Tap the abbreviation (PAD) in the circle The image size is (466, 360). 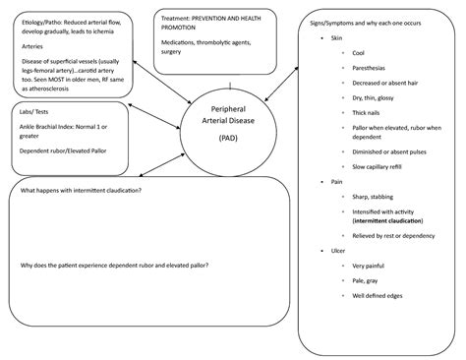point(229,139)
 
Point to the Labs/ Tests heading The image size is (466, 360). point(35,113)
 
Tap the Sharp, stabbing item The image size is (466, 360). point(374,198)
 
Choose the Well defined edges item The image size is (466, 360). point(377,295)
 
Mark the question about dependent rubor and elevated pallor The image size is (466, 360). point(113,266)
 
